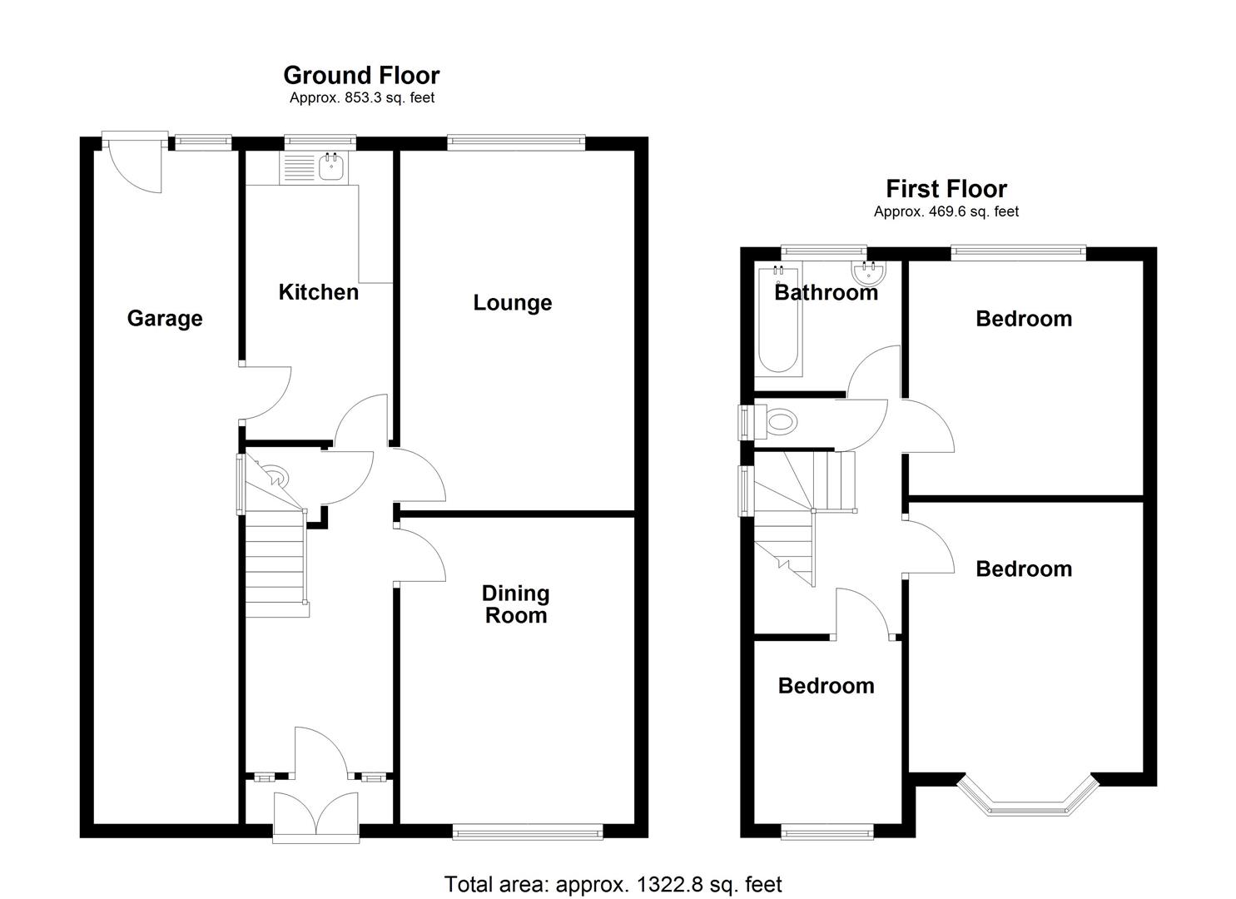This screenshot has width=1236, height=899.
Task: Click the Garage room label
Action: (165, 318)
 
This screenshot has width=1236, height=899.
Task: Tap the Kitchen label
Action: (318, 292)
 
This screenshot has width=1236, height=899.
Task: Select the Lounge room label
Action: (512, 302)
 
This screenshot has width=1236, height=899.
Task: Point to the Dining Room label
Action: (516, 604)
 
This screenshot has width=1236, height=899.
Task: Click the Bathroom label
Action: (826, 292)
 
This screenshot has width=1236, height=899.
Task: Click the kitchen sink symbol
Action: (331, 166)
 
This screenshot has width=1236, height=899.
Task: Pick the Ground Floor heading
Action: (361, 76)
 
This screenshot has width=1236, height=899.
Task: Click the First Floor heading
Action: (946, 189)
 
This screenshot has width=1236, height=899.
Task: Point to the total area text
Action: (613, 884)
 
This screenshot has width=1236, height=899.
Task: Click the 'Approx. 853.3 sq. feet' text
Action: (361, 98)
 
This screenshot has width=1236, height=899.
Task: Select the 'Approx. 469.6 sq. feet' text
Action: (946, 212)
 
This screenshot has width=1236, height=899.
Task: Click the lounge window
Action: (515, 143)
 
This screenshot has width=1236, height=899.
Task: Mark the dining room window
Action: (528, 831)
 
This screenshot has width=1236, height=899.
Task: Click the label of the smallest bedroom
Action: (826, 686)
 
